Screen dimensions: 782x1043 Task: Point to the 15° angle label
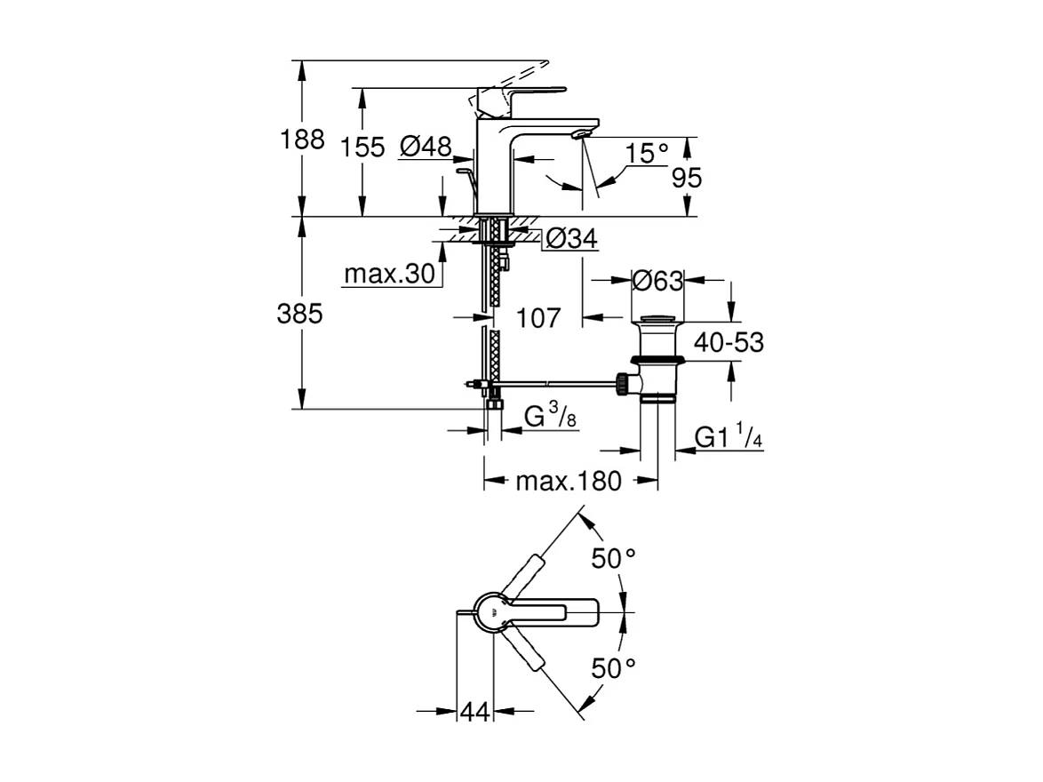tap(646, 153)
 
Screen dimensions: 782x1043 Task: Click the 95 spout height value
tap(686, 179)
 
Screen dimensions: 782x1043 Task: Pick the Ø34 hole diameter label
tap(570, 238)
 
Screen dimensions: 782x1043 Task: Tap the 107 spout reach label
tap(538, 316)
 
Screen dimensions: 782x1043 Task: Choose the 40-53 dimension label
tap(729, 342)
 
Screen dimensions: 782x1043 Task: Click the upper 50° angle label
tap(615, 559)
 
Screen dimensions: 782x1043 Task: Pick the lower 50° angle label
tap(615, 668)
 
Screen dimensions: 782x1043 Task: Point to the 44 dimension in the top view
tap(475, 711)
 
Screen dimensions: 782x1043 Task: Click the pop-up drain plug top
tap(657, 317)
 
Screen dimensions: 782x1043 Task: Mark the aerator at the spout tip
tap(580, 134)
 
